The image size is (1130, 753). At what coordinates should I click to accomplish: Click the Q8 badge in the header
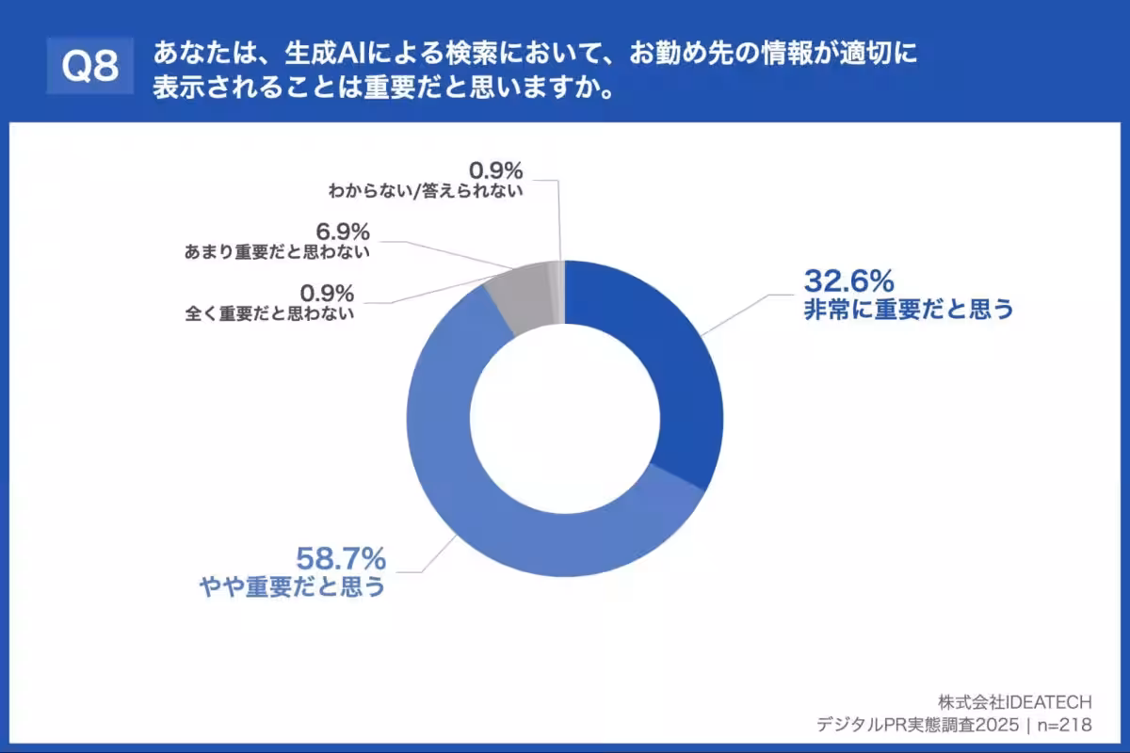coord(90,65)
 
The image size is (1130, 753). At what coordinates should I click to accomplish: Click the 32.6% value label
coord(847,280)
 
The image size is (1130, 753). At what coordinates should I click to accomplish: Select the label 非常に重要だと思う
coord(908,309)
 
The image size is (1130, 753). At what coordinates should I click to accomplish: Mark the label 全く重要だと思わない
coord(270,314)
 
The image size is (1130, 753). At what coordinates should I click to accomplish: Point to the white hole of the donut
coord(565,419)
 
